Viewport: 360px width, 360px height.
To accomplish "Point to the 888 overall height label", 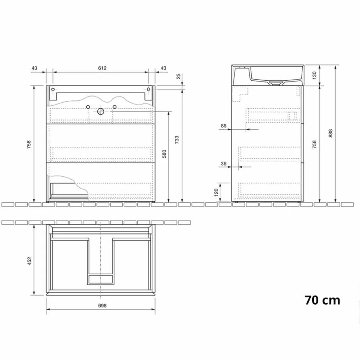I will tap(331, 133).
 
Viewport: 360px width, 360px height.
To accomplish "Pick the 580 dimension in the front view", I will tap(164, 154).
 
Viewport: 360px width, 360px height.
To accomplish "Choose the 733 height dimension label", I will tap(177, 140).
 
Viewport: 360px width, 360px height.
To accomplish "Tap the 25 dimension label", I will tap(178, 77).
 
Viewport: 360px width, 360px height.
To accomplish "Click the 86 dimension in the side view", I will tap(224, 125).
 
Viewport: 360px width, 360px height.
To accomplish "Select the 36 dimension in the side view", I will tap(224, 164).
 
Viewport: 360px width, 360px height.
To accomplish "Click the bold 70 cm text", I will tap(322, 300).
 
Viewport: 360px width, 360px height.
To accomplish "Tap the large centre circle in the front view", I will tap(101, 111).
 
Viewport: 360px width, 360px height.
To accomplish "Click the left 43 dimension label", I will tap(34, 68).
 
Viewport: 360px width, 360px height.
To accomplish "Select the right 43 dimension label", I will tap(164, 68).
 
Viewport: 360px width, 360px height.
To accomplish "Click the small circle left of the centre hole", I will tap(88, 106).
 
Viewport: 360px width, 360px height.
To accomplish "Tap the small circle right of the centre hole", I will tap(114, 106).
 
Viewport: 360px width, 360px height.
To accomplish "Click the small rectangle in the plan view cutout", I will tap(101, 280).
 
